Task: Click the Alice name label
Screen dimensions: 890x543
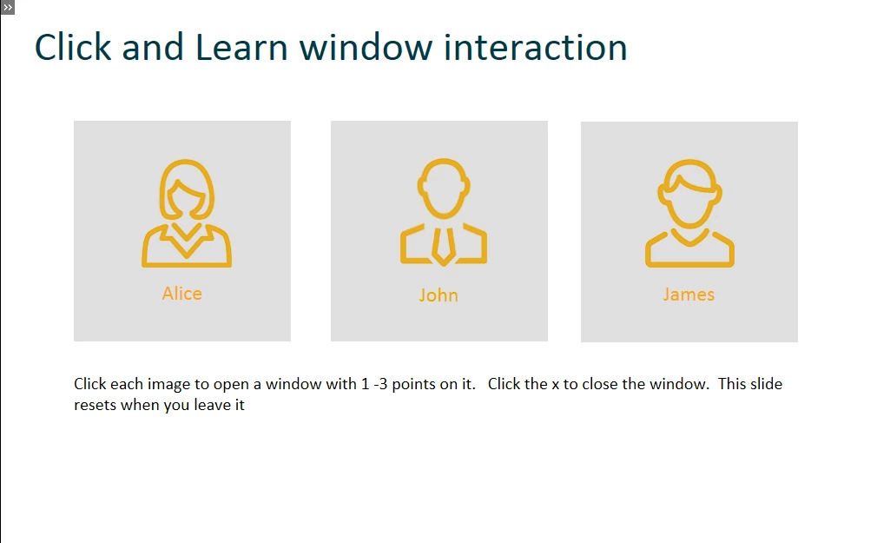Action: pyautogui.click(x=181, y=293)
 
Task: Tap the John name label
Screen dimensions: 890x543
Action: pyautogui.click(x=438, y=295)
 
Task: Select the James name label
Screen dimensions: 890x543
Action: pyautogui.click(x=689, y=295)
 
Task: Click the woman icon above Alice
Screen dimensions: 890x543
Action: pyautogui.click(x=186, y=213)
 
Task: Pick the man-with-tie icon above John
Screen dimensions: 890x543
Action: pyautogui.click(x=444, y=212)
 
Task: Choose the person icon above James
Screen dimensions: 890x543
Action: pyautogui.click(x=689, y=213)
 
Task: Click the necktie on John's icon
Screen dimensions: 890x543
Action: pyautogui.click(x=444, y=247)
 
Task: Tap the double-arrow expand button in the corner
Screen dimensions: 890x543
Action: pyautogui.click(x=7, y=7)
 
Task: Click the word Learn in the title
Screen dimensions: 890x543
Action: pyautogui.click(x=241, y=47)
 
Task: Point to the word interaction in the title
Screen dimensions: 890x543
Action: pyautogui.click(x=535, y=47)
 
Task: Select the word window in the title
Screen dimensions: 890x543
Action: pyautogui.click(x=366, y=47)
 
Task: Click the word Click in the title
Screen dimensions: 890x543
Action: pyautogui.click(x=73, y=47)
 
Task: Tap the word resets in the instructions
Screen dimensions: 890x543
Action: pyautogui.click(x=95, y=405)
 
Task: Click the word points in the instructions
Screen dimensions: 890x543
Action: pyautogui.click(x=414, y=384)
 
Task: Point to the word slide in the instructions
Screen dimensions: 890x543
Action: pyautogui.click(x=767, y=384)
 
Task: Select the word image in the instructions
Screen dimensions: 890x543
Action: pyautogui.click(x=169, y=385)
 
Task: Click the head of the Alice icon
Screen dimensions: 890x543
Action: pyautogui.click(x=186, y=189)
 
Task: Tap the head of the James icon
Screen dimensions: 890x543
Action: pyautogui.click(x=689, y=193)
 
